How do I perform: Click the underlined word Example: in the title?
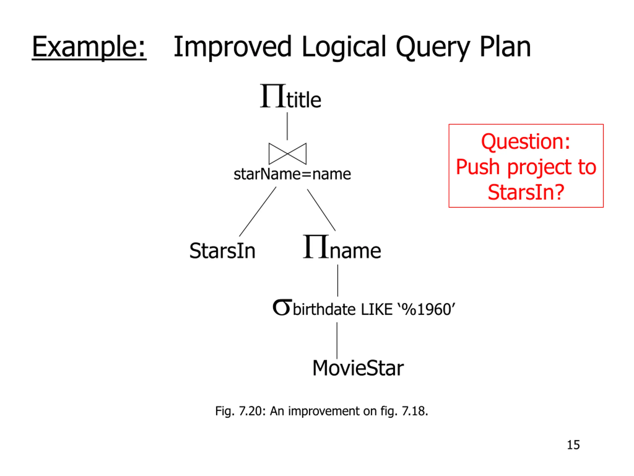89,47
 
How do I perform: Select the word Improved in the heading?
233,47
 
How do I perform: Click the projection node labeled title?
290,97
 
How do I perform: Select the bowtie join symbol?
288,154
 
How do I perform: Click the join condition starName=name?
292,174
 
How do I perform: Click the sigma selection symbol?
282,308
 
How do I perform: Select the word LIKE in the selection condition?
376,310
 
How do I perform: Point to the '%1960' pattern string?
426,309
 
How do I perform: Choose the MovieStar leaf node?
358,368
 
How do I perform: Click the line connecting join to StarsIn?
258,212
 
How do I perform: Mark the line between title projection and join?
287,126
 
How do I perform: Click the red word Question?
526,142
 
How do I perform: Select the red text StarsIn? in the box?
526,192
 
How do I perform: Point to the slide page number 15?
573,445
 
